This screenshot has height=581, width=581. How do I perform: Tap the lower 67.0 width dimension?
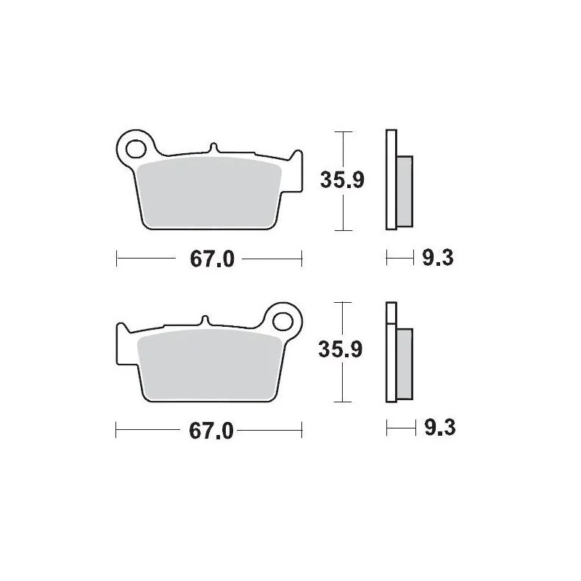point(210,431)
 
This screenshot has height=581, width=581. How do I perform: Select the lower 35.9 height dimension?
point(341,350)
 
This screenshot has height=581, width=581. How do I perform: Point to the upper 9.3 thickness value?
point(437,257)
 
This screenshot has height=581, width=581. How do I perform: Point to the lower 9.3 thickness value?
point(438,428)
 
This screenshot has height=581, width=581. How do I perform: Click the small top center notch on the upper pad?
point(214,147)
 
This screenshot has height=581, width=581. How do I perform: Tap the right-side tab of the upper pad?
point(296,171)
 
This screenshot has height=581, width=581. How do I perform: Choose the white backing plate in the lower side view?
point(391,352)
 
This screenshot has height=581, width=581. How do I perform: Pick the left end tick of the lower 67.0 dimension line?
point(117,431)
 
